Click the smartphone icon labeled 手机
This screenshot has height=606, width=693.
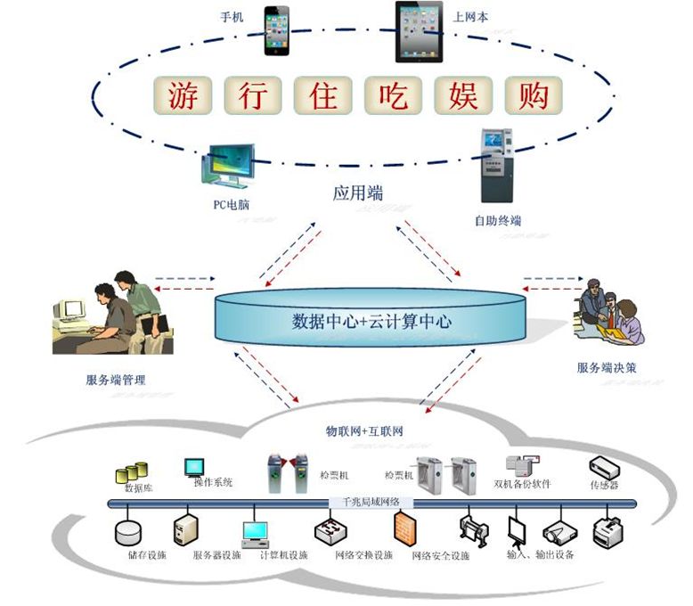tap(276, 30)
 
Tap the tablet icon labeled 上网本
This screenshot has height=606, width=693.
tap(419, 31)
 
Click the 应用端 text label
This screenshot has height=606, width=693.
tap(352, 192)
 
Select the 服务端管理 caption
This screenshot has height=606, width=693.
tap(116, 381)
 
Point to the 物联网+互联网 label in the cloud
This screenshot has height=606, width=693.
tap(364, 431)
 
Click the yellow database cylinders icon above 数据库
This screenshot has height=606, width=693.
tap(131, 472)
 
